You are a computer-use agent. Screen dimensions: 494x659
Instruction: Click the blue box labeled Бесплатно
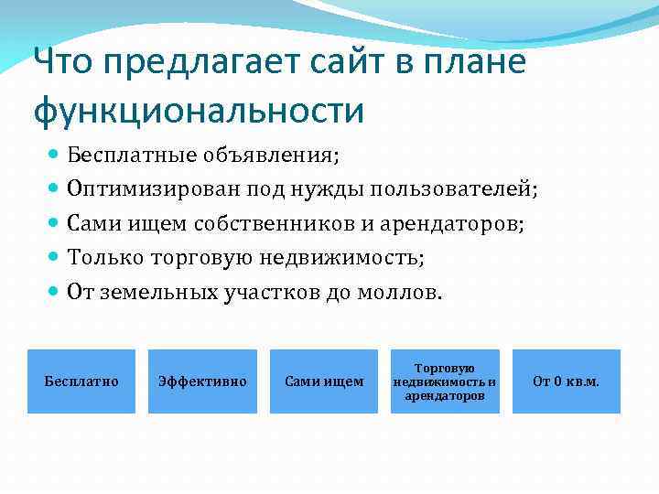pos(81,381)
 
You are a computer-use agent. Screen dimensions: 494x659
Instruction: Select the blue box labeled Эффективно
pos(202,381)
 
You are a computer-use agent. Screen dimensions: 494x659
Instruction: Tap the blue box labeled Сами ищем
pos(324,381)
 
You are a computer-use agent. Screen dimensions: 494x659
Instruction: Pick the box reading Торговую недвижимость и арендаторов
pos(445,381)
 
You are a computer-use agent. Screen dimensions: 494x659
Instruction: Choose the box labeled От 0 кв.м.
pos(566,381)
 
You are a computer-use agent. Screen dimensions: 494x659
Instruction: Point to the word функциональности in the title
pos(199,111)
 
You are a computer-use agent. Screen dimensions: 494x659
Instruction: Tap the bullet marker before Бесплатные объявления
pos(56,155)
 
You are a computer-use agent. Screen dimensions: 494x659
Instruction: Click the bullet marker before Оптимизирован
pos(56,189)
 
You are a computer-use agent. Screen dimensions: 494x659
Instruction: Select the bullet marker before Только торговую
pos(56,258)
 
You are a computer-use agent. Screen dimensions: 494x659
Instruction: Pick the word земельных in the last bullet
pos(157,293)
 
